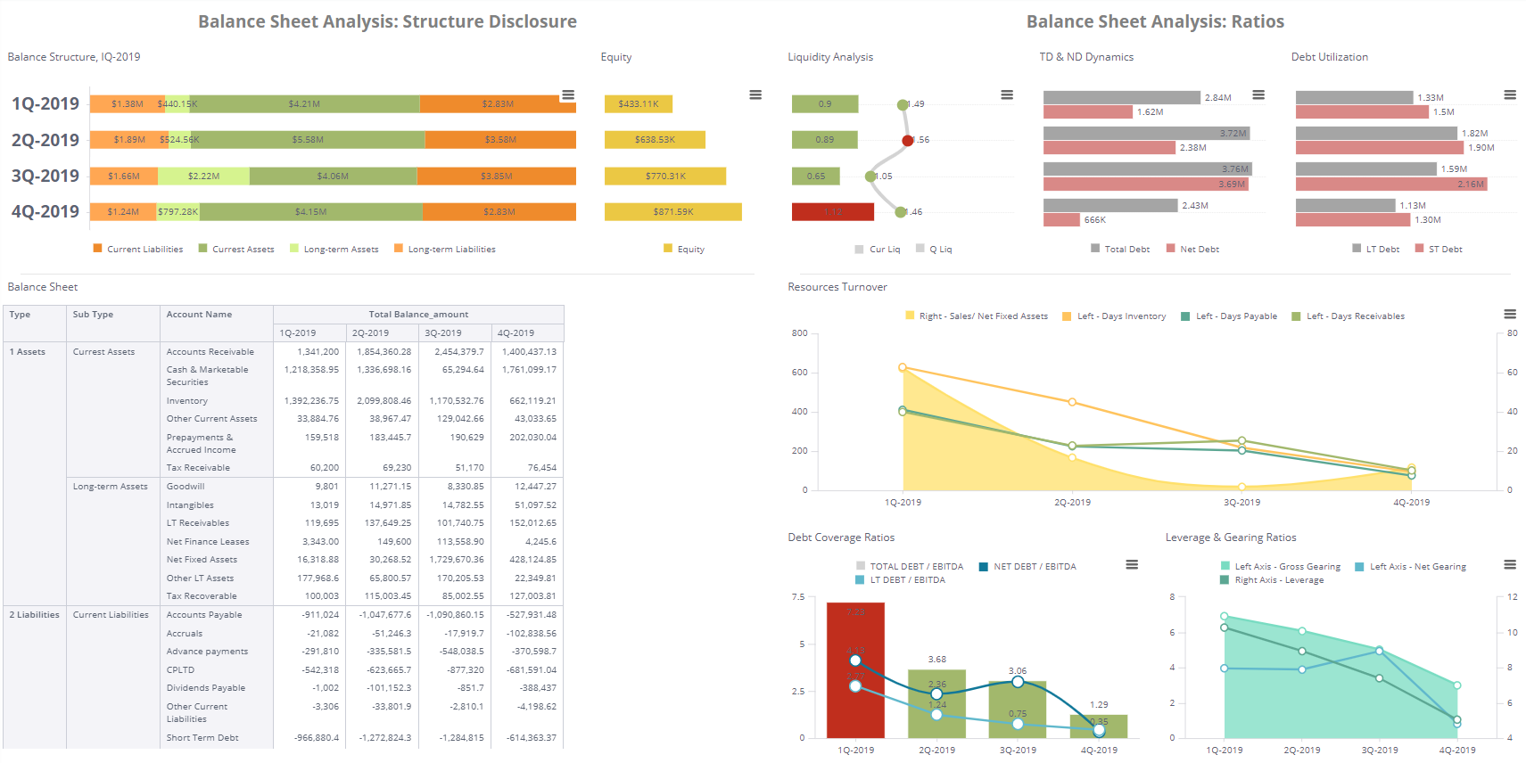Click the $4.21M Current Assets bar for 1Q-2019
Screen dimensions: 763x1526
click(x=304, y=104)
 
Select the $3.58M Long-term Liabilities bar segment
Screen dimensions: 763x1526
click(x=500, y=140)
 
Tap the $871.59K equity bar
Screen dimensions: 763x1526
click(x=672, y=212)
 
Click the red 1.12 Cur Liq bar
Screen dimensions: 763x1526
click(x=832, y=212)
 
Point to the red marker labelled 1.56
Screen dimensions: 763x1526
click(x=908, y=140)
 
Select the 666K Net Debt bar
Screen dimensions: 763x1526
click(x=1061, y=220)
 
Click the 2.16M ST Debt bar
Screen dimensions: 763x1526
click(x=1390, y=185)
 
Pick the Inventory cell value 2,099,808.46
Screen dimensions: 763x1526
click(x=384, y=401)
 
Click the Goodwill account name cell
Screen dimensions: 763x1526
click(x=186, y=487)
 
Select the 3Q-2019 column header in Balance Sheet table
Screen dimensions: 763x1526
click(x=443, y=333)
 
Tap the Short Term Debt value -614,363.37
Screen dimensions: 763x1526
click(x=531, y=738)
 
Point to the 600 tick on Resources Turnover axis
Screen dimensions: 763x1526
click(x=799, y=373)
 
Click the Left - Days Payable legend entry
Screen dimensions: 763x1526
click(x=1235, y=316)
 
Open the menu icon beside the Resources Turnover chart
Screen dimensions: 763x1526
click(x=1509, y=314)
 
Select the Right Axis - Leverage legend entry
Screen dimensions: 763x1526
click(x=1278, y=580)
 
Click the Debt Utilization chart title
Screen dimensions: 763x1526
click(x=1329, y=57)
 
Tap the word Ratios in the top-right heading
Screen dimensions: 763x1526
click(x=1258, y=21)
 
